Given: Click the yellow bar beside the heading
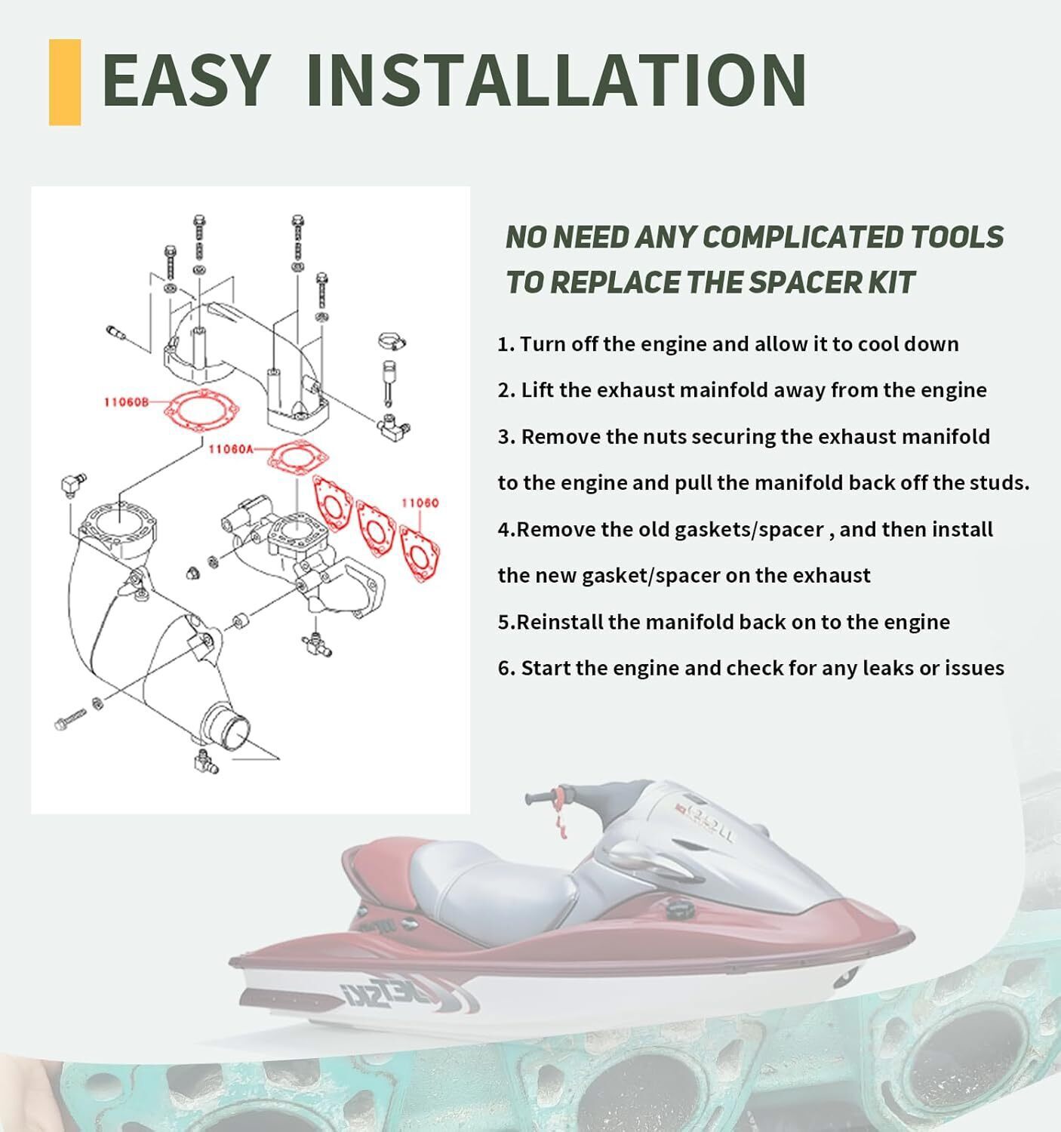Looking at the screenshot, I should coord(64,82).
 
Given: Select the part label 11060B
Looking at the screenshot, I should coord(125,402).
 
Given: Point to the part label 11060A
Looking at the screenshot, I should coord(231,449).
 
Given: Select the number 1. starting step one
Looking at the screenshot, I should coord(506,344).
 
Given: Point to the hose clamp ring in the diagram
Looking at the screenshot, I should coord(392,341).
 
